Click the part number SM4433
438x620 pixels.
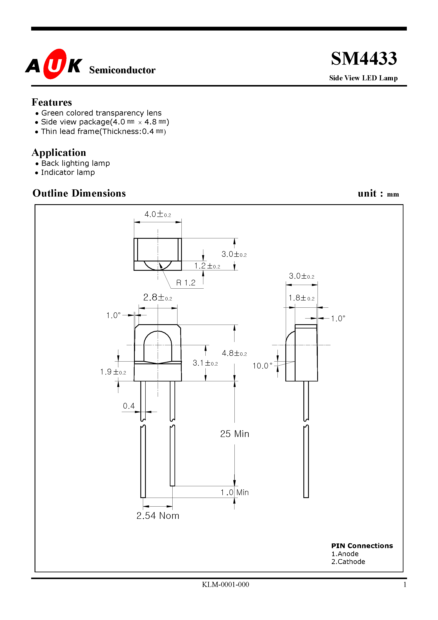364,59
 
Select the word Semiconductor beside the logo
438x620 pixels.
122,70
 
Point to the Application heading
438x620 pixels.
59,153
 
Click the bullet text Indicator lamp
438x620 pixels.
68,172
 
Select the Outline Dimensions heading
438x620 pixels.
79,193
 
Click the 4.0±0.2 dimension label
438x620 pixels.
158,214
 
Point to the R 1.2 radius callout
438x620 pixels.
186,283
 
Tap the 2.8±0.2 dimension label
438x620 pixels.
158,297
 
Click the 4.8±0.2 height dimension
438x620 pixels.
234,353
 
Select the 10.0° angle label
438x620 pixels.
262,366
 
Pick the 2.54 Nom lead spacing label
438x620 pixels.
158,516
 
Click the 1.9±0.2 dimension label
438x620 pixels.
113,372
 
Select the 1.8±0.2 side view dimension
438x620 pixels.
301,298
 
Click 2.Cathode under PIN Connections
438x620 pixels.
348,562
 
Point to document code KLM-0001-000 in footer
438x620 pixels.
226,585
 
